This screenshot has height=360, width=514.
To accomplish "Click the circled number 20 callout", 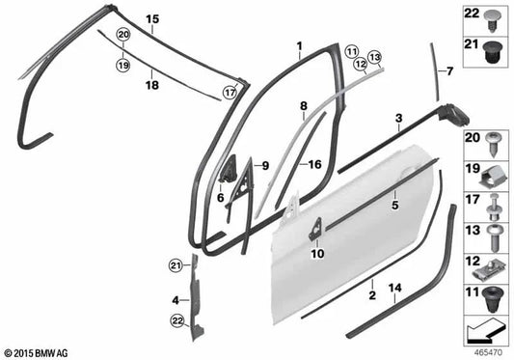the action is pos(122,35).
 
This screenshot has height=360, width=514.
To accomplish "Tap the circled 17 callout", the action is pos(230,93).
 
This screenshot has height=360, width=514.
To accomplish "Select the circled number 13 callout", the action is pos(375,58).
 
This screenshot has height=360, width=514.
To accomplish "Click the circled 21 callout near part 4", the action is pos(176,265).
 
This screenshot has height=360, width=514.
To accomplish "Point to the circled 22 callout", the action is pos(177,321).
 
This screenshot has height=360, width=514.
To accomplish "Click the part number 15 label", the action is pos(152,19).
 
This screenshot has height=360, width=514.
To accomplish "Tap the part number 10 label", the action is pos(317,253).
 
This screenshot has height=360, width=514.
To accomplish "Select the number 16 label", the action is pos(314,164).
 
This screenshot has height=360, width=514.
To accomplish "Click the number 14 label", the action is pos(395,288).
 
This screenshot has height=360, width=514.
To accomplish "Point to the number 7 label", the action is pos(449,71).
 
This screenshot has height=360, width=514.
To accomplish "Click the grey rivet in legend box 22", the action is pos(492,20).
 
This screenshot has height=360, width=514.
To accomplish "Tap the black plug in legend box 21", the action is pos(492,52).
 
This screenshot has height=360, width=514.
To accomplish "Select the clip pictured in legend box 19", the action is pos(492,178).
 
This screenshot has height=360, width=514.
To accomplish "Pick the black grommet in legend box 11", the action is pos(492,299).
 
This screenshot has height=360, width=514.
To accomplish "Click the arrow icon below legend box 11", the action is pos(485,331).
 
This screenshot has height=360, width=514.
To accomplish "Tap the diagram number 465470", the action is pos(488,353).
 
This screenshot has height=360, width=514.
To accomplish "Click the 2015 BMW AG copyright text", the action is pos(36,353).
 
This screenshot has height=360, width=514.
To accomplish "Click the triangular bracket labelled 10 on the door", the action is pos(315,229).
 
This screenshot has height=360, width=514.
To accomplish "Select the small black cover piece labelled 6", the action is pos(228,168).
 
